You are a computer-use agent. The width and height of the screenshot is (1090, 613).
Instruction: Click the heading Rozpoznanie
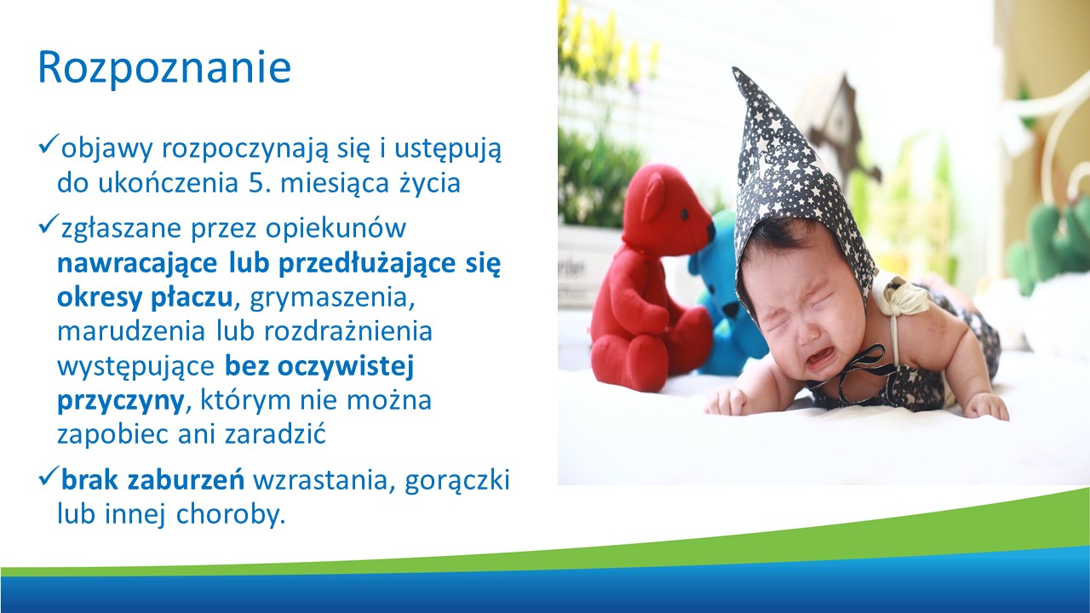click(x=164, y=67)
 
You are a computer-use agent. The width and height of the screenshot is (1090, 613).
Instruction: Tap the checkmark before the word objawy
click(x=49, y=145)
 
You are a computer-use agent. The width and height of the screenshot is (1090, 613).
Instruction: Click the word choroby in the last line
click(x=231, y=514)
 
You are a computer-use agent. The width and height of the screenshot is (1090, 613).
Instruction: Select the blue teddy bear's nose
click(x=731, y=308)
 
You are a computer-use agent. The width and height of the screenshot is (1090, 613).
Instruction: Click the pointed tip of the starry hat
click(x=736, y=70)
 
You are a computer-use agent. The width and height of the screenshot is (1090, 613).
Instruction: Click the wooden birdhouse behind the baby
click(x=837, y=122)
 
